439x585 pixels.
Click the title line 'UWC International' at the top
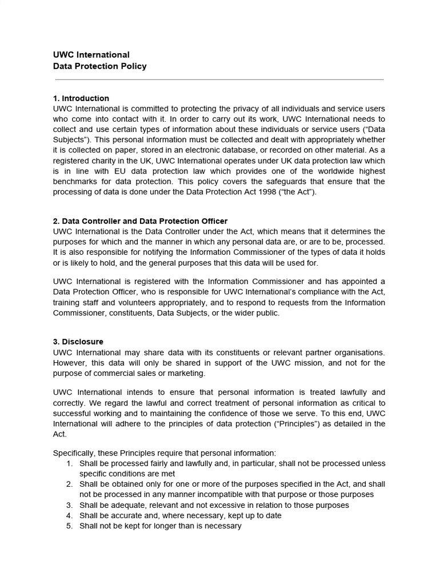(x=91, y=55)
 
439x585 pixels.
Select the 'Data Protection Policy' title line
(x=99, y=66)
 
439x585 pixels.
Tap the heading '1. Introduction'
(x=81, y=98)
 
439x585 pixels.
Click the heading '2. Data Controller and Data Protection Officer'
(x=140, y=221)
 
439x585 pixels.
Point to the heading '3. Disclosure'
(x=78, y=342)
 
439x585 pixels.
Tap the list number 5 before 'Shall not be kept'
(x=69, y=526)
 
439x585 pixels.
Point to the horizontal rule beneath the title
(x=218, y=79)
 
